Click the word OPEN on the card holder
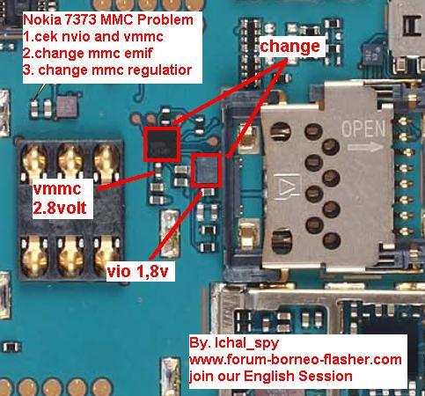tap(363, 128)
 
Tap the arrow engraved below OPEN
tap(365, 146)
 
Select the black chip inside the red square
tap(162, 144)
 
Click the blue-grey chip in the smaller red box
tap(206, 170)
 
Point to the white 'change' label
tap(289, 47)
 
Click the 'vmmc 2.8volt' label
tap(60, 198)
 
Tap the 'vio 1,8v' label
tap(138, 271)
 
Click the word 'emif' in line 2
tap(141, 54)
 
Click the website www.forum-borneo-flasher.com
tap(295, 359)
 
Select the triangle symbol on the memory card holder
tap(285, 187)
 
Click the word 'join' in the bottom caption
tap(200, 377)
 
